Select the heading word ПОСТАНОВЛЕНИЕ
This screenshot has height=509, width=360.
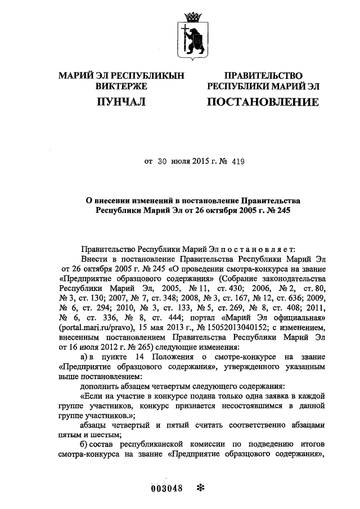263,102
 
